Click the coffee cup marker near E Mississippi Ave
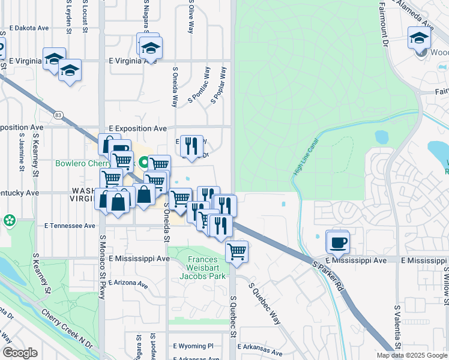coord(337,242)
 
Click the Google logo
coord(20,353)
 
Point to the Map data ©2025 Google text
coord(411,355)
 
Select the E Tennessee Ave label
coord(70,226)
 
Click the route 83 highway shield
coord(58,115)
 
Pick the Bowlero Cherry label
coord(83,163)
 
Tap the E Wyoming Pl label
coord(193,346)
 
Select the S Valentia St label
coord(397,327)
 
